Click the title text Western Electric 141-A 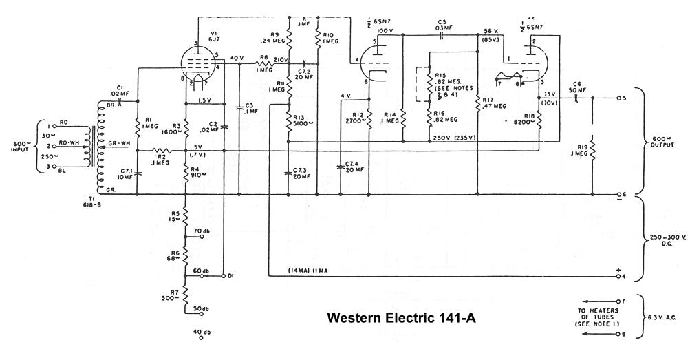pyautogui.click(x=401, y=319)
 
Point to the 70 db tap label pyautogui.click(x=202, y=230)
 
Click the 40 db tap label pyautogui.click(x=202, y=332)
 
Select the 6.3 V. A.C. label pyautogui.click(x=664, y=318)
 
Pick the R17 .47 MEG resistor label pyautogui.click(x=493, y=103)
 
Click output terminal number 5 pyautogui.click(x=625, y=98)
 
